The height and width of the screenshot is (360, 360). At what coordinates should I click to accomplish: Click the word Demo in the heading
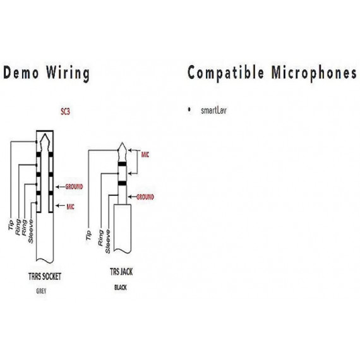[21, 72]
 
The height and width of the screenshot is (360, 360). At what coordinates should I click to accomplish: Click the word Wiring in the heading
[68, 73]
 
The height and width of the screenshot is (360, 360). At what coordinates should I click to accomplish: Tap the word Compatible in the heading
[225, 73]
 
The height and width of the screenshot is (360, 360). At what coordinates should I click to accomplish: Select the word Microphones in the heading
[314, 73]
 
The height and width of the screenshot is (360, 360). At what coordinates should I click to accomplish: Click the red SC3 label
[65, 112]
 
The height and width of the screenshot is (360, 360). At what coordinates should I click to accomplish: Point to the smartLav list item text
[213, 111]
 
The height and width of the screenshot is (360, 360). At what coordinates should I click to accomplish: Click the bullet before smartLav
[189, 109]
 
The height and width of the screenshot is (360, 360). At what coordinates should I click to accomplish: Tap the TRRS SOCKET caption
[45, 277]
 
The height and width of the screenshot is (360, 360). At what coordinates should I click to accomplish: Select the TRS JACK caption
[121, 272]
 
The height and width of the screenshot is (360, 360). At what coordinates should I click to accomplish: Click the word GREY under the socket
[41, 291]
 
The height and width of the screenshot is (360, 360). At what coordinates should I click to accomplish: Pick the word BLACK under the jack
[121, 287]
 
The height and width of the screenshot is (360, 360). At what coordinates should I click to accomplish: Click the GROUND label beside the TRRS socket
[74, 187]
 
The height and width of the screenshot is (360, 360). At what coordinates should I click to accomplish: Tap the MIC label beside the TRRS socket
[71, 207]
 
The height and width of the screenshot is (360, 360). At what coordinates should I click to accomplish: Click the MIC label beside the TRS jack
[145, 155]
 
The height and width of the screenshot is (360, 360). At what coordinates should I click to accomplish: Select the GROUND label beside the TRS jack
[145, 197]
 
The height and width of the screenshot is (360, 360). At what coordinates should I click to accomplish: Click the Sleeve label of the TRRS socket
[31, 231]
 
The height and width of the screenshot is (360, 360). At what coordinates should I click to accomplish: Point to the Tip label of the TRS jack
[88, 236]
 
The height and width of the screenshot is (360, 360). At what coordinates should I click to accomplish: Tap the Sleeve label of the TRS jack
[107, 241]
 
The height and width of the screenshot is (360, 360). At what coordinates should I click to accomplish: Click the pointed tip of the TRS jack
[123, 143]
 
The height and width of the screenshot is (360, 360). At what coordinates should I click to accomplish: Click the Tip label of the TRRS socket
[11, 225]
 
